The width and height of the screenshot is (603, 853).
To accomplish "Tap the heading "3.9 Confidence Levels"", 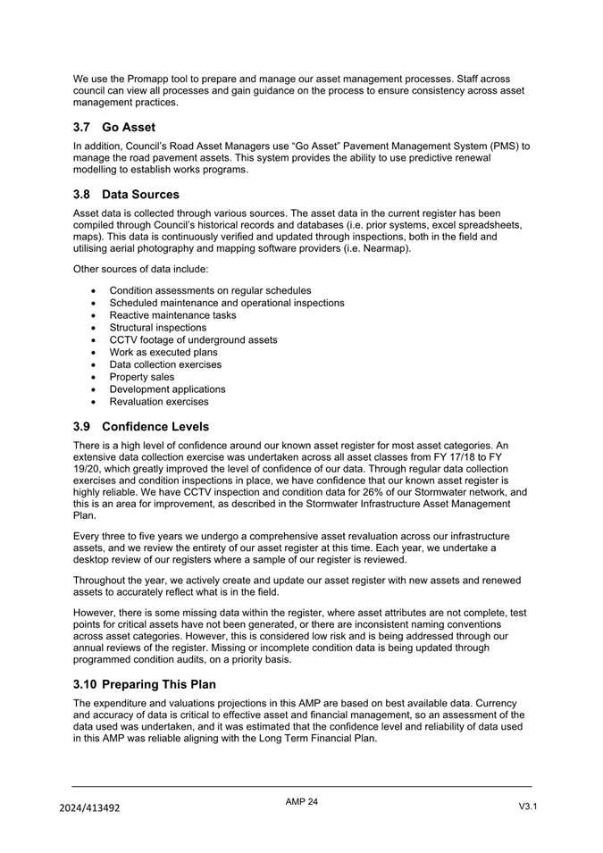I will (141, 426).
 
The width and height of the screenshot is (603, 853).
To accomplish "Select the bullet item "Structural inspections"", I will (157, 328).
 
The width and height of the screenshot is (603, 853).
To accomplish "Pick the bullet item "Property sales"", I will (142, 377).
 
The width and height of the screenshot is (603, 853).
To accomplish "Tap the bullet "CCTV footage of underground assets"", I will (193, 340).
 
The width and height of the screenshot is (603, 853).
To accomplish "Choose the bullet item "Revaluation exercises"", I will (159, 402).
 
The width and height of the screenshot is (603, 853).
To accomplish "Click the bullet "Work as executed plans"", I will (163, 352).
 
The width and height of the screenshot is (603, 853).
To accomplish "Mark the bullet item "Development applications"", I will (167, 389).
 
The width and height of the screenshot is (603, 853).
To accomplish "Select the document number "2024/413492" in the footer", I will (89, 807).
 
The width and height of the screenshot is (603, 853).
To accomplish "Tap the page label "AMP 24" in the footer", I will (301, 802).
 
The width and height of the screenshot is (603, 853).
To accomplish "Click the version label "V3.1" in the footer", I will (527, 807).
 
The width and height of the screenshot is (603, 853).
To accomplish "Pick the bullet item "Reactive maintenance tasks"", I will (172, 315).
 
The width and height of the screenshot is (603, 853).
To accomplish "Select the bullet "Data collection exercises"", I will (165, 364).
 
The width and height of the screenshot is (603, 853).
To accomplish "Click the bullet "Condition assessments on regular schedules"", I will (210, 290).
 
